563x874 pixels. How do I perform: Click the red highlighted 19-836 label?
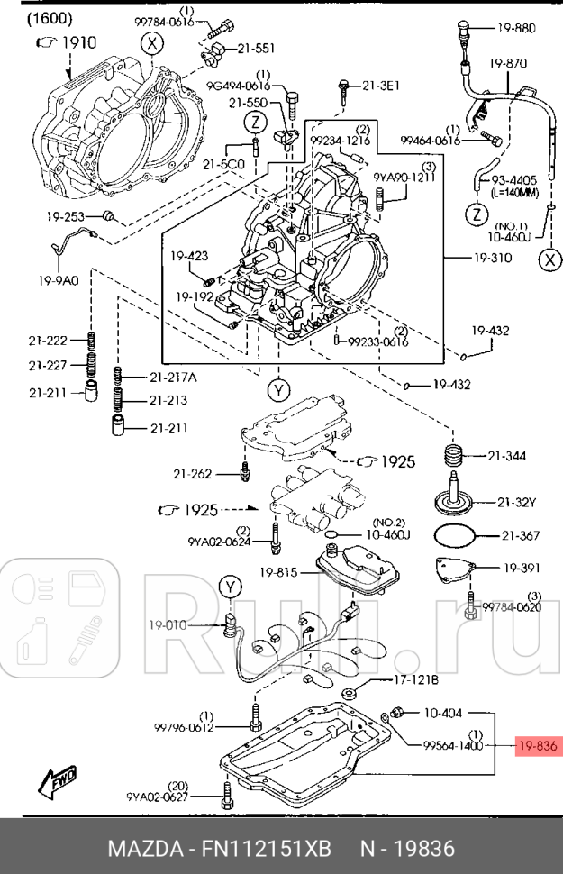pyautogui.click(x=539, y=746)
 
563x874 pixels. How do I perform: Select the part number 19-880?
pyautogui.click(x=516, y=28)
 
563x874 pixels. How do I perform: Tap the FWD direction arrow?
pyautogui.click(x=57, y=780)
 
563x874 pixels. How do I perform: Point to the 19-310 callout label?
pyautogui.click(x=492, y=258)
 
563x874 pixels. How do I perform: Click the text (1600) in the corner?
pyautogui.click(x=50, y=18)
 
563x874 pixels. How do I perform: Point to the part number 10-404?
pyautogui.click(x=442, y=713)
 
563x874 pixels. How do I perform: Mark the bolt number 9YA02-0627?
pyautogui.click(x=158, y=796)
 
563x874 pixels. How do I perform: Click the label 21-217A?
pyautogui.click(x=173, y=376)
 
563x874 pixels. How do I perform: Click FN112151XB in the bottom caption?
pyautogui.click(x=268, y=849)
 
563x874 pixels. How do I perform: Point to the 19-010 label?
pyautogui.click(x=170, y=623)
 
